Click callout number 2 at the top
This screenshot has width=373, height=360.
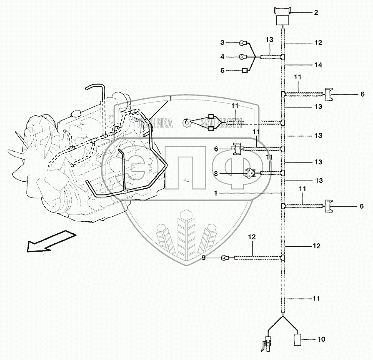click(316, 13)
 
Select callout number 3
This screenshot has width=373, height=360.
click(223, 42)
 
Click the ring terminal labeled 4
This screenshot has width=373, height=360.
click(242, 57)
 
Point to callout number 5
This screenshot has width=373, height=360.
click(223, 71)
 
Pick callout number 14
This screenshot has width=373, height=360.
click(318, 65)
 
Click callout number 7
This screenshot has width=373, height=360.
click(185, 121)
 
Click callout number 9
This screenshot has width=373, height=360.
click(204, 258)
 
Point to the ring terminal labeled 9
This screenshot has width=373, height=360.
click(225, 258)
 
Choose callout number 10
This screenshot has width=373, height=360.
click(321, 340)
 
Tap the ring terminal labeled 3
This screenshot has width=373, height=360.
click(242, 42)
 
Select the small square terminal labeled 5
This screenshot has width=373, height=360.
click(245, 71)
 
